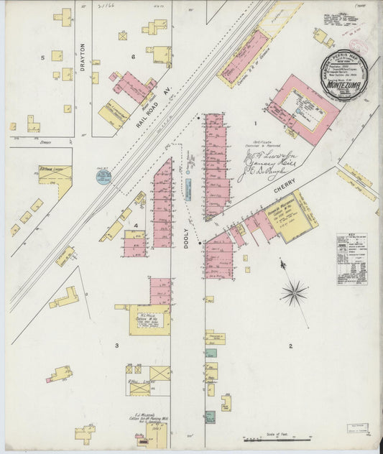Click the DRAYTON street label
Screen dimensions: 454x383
pyautogui.click(x=83, y=63)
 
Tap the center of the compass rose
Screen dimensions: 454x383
pyautogui.click(x=293, y=292)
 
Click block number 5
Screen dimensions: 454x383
pyautogui.click(x=42, y=57)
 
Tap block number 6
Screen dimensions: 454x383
pyautogui.click(x=133, y=56)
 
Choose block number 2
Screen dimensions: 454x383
pyautogui.click(x=290, y=347)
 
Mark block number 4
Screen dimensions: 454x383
pyautogui.click(x=135, y=226)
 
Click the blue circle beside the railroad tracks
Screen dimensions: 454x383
pyautogui.click(x=103, y=176)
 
